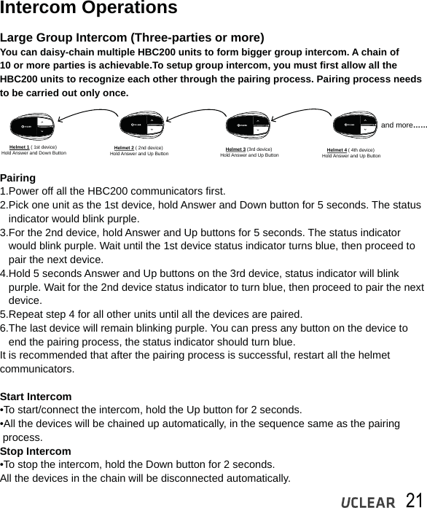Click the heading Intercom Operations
(x=88, y=9)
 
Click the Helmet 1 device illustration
(x=34, y=125)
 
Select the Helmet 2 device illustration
(x=140, y=125)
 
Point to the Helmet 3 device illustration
(x=248, y=125)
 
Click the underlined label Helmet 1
(x=20, y=147)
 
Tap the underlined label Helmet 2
(x=124, y=148)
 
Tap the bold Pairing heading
(x=18, y=178)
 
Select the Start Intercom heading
(x=36, y=396)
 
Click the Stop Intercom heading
(x=36, y=451)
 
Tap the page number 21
(x=414, y=499)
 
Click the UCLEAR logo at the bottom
(x=369, y=501)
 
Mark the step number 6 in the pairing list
(x=4, y=328)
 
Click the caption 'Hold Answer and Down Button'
(x=34, y=154)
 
